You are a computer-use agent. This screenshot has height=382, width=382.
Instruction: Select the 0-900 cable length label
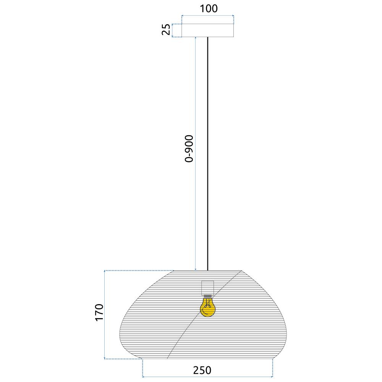tap(189, 149)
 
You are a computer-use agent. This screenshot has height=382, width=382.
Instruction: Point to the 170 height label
tap(99, 314)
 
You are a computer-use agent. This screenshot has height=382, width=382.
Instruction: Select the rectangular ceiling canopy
tap(207, 31)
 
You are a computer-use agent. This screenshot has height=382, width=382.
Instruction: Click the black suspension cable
tap(207, 153)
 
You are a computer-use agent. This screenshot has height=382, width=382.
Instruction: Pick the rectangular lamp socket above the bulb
tap(207, 288)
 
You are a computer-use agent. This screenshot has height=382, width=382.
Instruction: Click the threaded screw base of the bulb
tap(207, 296)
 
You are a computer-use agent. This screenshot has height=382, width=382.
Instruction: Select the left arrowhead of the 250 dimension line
tap(144, 377)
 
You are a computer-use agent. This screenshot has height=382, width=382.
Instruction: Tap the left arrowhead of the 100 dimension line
tap(183, 16)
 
